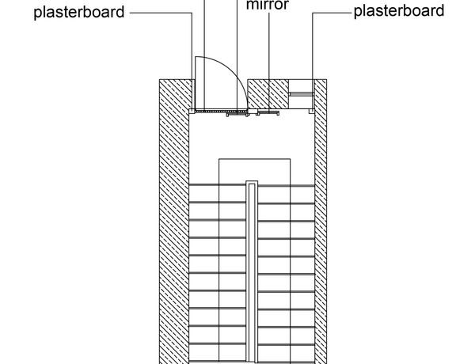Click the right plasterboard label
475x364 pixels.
(x=398, y=11)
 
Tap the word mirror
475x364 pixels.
(x=268, y=3)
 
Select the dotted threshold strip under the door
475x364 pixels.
(x=218, y=112)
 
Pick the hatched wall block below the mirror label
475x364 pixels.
(x=269, y=93)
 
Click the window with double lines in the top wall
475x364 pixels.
(x=301, y=94)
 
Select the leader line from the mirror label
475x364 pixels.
(x=268, y=40)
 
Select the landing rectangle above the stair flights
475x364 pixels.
(x=255, y=170)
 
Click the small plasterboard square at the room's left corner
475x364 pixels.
(x=192, y=112)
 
